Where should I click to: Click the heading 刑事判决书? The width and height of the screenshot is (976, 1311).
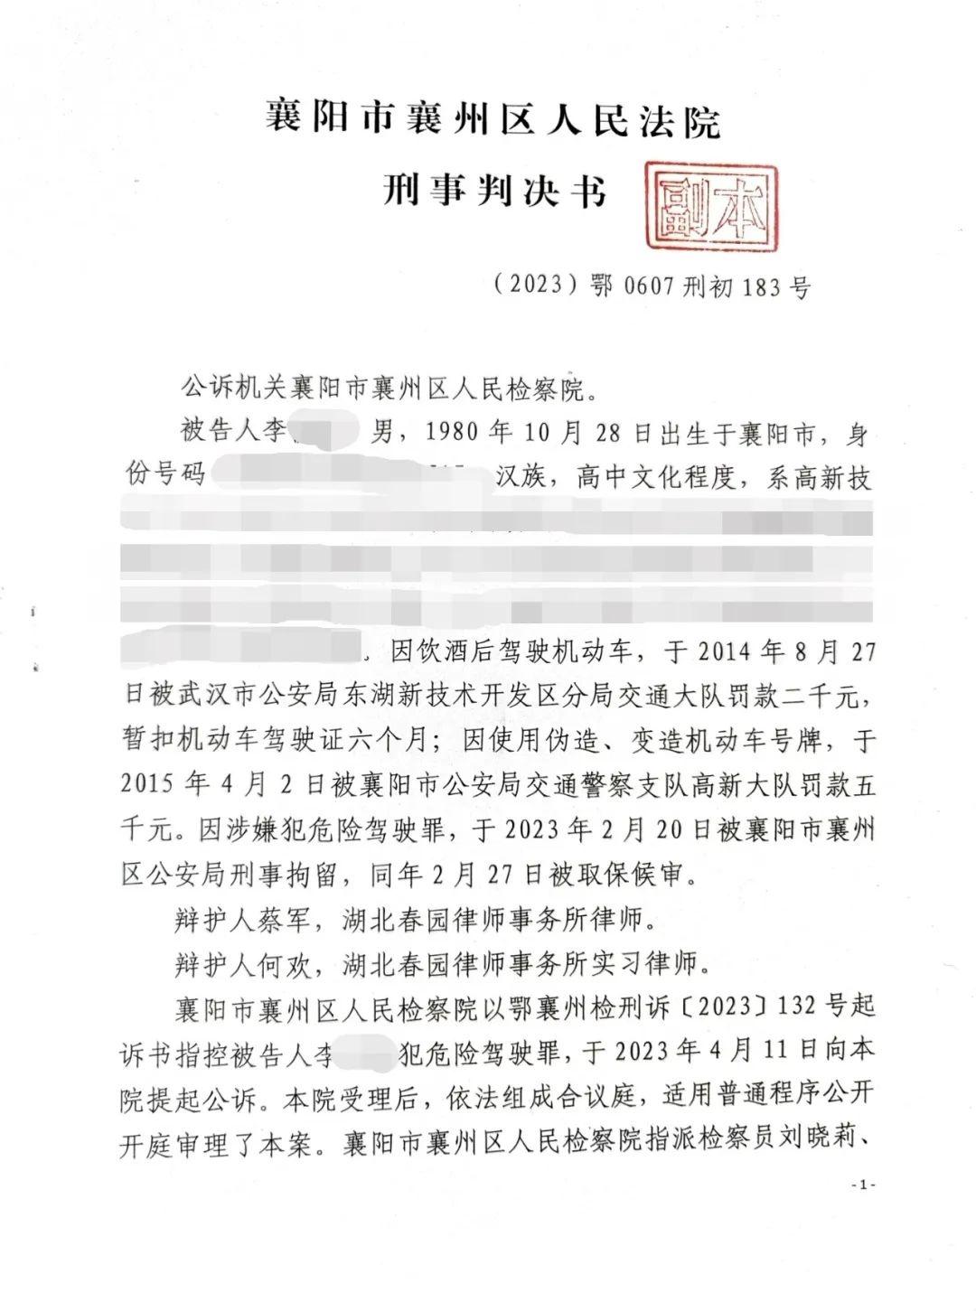[493, 191]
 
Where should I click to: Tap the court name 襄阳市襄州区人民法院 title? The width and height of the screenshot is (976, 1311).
[493, 120]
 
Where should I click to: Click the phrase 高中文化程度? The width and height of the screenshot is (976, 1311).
[665, 478]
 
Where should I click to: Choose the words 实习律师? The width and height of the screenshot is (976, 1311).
[656, 964]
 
